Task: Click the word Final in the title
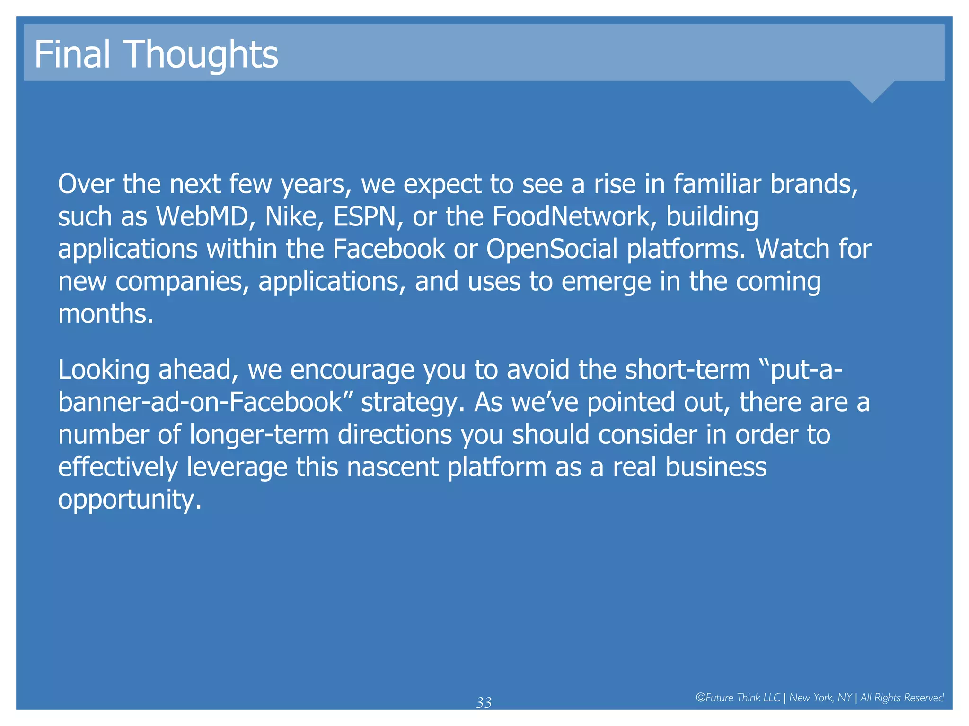pyautogui.click(x=72, y=54)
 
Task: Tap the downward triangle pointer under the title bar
pyautogui.click(x=872, y=91)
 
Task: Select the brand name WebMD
pyautogui.click(x=203, y=216)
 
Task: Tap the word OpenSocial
pyautogui.click(x=552, y=249)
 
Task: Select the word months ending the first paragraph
pyautogui.click(x=105, y=314)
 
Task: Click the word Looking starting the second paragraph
pyautogui.click(x=104, y=370)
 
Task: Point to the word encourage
pyautogui.click(x=352, y=370)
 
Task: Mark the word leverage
pyautogui.click(x=237, y=467)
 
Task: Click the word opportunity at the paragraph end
pyautogui.click(x=129, y=500)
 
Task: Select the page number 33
pyautogui.click(x=484, y=703)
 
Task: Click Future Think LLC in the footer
pyautogui.click(x=738, y=698)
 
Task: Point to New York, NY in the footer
pyautogui.click(x=820, y=698)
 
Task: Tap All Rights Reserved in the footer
pyautogui.click(x=902, y=698)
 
